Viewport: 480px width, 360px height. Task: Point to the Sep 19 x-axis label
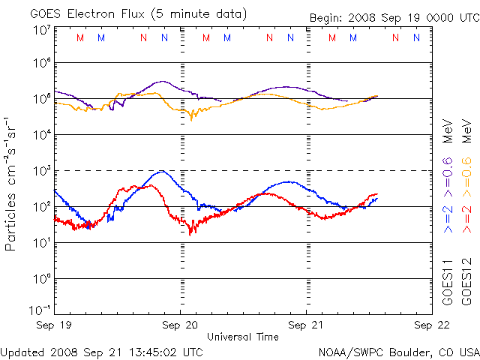point(55,325)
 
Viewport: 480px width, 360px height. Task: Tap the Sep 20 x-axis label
point(181,325)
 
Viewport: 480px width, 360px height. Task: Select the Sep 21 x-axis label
point(307,325)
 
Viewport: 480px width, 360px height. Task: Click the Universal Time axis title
point(242,337)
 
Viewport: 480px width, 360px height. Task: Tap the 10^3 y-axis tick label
point(40,170)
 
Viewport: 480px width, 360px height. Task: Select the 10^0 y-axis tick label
point(40,278)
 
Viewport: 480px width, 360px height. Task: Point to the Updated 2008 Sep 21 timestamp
point(102,351)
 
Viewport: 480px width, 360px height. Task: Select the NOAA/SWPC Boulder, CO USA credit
point(398,351)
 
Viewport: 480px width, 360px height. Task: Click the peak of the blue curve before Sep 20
point(161,171)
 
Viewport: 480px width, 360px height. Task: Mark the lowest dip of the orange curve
point(190,118)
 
